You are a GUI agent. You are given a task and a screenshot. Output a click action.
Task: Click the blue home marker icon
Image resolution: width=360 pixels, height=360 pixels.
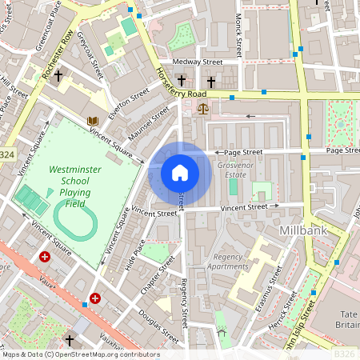click(180, 173)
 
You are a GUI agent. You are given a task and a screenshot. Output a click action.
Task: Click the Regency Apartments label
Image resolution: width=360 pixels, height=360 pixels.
click(228, 262)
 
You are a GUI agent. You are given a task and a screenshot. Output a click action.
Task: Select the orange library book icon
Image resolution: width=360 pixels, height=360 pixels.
click(93, 121)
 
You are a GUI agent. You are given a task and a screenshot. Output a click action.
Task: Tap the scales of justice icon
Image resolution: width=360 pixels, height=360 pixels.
click(200, 106)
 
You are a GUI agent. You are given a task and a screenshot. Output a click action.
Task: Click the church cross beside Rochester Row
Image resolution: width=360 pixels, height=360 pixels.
click(59, 77)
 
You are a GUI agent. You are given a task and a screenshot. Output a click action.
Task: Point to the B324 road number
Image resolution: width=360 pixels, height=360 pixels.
click(6, 154)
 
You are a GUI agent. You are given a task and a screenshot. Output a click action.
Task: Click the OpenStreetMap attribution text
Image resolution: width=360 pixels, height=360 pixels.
click(80, 354)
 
